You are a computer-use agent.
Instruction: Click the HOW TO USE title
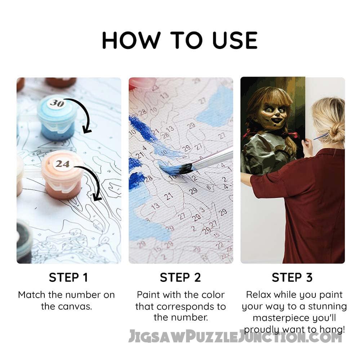click(179, 40)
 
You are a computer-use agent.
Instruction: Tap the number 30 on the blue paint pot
click(57, 103)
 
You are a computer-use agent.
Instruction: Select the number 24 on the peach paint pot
click(62, 164)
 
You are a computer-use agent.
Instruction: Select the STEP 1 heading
click(68, 277)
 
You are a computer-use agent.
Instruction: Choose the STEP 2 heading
click(180, 277)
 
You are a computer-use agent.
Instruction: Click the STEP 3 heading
click(292, 277)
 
